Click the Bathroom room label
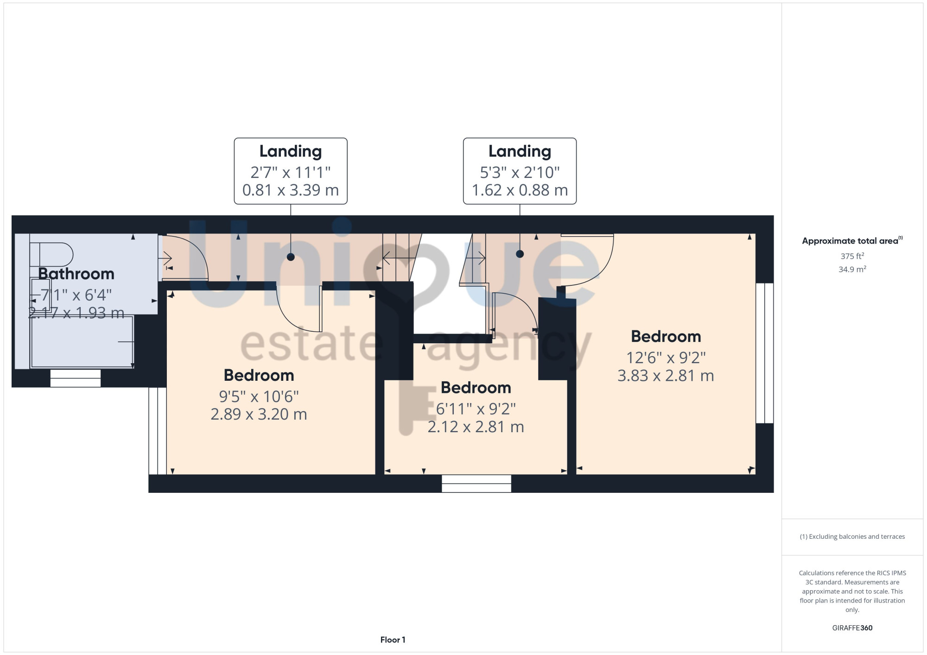click(x=76, y=274)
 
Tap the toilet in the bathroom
click(x=51, y=255)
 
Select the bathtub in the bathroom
click(x=82, y=341)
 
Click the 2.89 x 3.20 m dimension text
click(x=259, y=414)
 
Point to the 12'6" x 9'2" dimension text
click(x=666, y=358)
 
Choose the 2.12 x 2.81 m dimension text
click(x=476, y=427)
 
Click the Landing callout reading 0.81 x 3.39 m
click(x=291, y=171)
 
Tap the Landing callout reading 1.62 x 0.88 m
click(x=520, y=171)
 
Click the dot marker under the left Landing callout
click(x=291, y=257)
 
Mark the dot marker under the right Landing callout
click(x=520, y=254)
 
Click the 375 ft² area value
click(x=852, y=256)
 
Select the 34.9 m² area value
click(x=852, y=269)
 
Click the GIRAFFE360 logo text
click(x=852, y=628)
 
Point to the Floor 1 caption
click(x=393, y=640)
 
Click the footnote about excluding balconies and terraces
click(x=852, y=536)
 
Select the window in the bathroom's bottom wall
click(x=76, y=378)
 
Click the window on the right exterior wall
click(x=764, y=353)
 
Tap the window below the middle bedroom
click(x=476, y=484)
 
